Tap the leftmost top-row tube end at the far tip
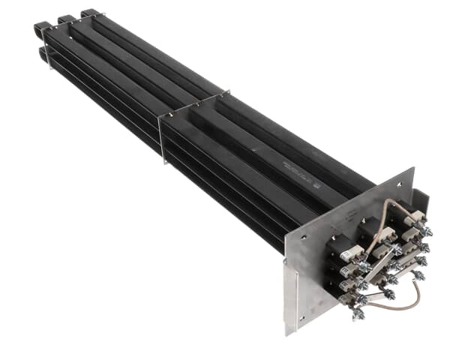(42, 30)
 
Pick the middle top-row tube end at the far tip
(66, 19)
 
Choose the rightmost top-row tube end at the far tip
(88, 13)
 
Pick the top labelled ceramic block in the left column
(349, 253)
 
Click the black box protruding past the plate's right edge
(421, 198)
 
